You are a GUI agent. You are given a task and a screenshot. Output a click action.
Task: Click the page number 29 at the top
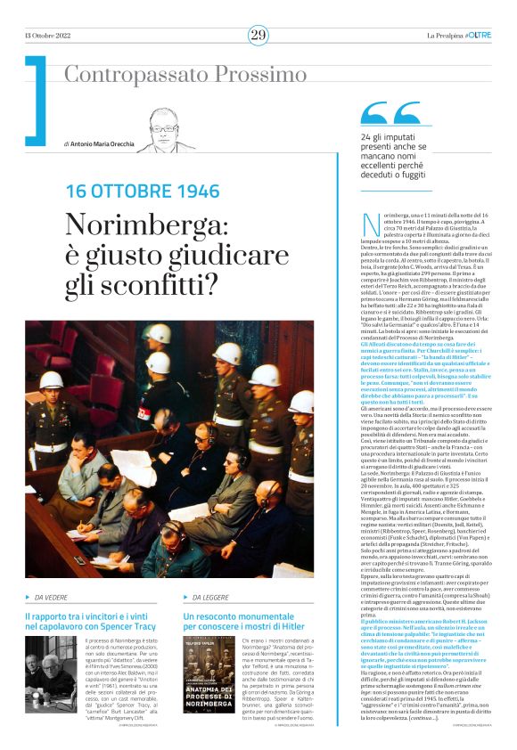[x=258, y=35]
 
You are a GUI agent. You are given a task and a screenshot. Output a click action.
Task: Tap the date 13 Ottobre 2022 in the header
[x=49, y=35]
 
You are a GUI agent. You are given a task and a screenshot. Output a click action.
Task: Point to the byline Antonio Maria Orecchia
[x=103, y=143]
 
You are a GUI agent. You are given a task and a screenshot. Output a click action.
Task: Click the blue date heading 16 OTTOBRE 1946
[x=143, y=191]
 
